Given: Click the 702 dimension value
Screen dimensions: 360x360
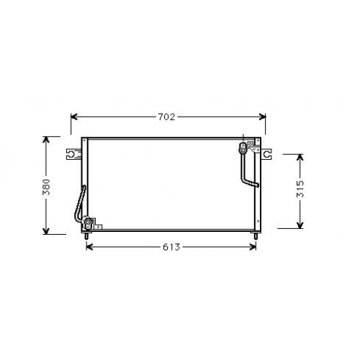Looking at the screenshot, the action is pos(166,117).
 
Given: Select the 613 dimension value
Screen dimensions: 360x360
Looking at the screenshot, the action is pos(171,247).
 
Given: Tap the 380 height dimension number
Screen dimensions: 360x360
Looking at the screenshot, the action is pos(46,187).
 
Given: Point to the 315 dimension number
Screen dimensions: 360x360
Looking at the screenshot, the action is pos(300,189).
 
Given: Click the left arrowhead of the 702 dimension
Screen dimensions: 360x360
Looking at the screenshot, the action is pos(73,117).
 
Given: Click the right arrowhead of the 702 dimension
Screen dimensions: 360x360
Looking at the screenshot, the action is pos(263,117).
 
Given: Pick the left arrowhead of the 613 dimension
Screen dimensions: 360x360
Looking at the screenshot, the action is pos(89,247).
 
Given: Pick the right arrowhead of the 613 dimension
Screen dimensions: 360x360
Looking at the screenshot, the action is pos(253,247).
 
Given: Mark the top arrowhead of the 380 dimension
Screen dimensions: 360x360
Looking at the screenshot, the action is pos(46,140).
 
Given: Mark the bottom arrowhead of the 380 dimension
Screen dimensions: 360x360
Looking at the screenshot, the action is pos(46,231).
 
